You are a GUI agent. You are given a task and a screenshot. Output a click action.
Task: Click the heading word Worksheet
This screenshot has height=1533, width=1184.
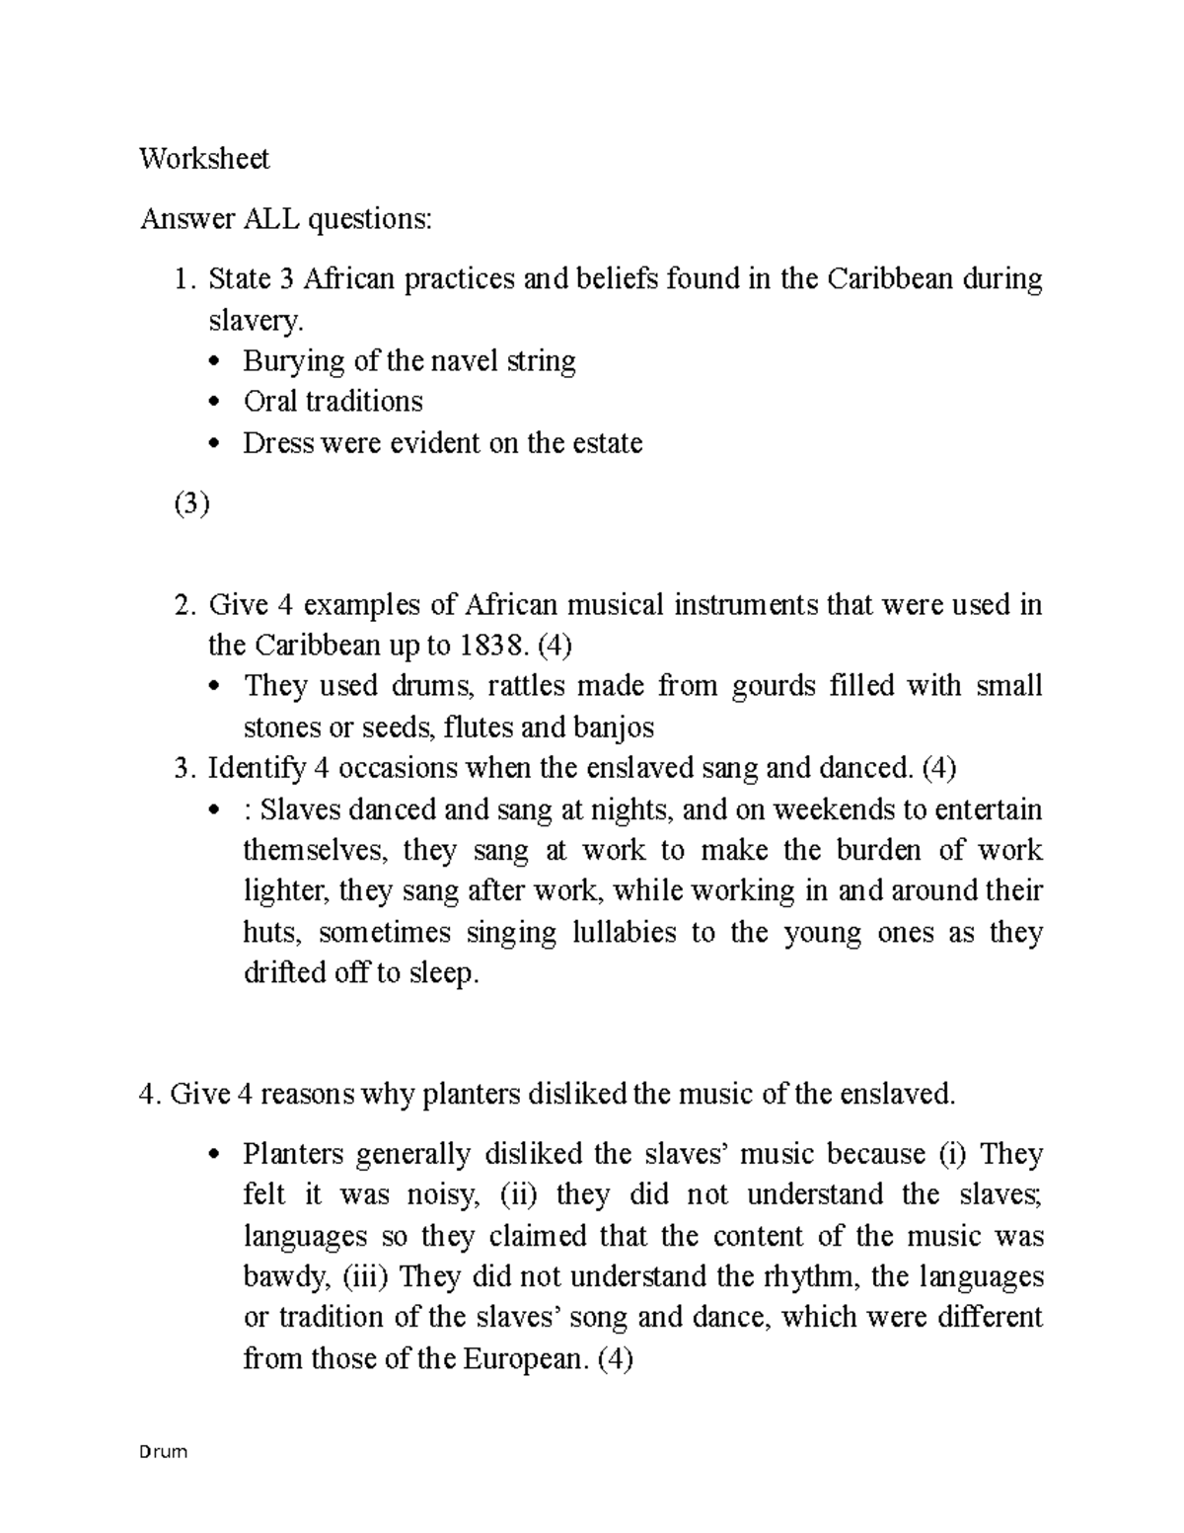coord(204,159)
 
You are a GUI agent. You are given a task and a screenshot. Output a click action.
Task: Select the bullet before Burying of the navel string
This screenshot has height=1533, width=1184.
coord(218,362)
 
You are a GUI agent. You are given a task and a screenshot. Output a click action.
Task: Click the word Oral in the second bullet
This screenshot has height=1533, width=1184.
coord(268,402)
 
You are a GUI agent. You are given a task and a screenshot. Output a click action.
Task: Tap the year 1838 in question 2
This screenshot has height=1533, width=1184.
coord(491,646)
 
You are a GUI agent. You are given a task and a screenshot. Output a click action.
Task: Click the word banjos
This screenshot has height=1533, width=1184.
coord(615,728)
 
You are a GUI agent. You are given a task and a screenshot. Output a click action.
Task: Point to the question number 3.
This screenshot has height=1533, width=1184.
coord(181,768)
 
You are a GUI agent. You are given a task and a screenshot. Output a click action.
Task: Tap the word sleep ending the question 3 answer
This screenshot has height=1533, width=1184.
coord(443,974)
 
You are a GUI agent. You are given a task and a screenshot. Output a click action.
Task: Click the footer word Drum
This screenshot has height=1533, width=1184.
coord(164,1453)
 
